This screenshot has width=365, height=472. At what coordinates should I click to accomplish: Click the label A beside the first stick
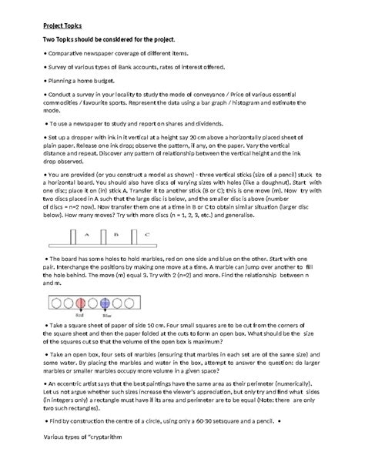[86, 234]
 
